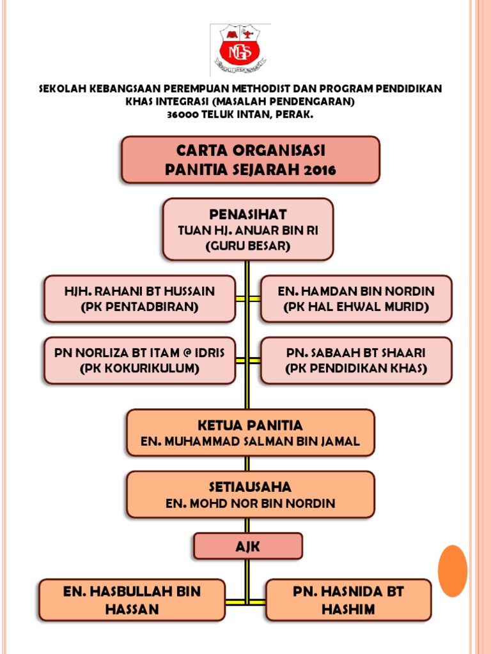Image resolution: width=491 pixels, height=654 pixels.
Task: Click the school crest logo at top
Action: point(240,50)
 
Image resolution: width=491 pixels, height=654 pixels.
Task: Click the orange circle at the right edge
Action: point(453,570)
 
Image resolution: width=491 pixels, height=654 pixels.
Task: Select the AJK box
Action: point(248,546)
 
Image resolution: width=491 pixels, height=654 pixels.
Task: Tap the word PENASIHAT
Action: point(247,214)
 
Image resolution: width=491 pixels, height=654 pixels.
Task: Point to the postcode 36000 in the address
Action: point(183,114)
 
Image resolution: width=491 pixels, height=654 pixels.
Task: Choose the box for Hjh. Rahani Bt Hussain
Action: point(139,299)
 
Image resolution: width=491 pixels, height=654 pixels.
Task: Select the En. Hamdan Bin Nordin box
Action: point(356,299)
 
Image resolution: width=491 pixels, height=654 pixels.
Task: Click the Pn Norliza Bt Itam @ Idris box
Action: point(139,360)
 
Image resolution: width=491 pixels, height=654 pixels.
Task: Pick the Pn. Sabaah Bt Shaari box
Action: point(356,360)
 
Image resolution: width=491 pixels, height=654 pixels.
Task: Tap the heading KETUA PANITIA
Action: point(250,425)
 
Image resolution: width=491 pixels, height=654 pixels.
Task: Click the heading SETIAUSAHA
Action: point(250,487)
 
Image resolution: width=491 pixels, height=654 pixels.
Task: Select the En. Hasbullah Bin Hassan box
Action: point(132,600)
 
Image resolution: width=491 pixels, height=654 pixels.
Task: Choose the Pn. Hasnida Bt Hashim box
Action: point(348,600)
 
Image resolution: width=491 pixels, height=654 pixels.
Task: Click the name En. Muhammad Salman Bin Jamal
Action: point(250,441)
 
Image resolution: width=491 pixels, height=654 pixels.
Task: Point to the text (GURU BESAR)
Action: point(247,246)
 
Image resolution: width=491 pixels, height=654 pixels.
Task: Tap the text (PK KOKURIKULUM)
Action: point(139,369)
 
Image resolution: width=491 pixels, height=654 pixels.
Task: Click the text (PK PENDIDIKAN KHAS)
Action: point(356,369)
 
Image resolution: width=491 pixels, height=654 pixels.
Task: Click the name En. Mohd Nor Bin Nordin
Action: point(250,503)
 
